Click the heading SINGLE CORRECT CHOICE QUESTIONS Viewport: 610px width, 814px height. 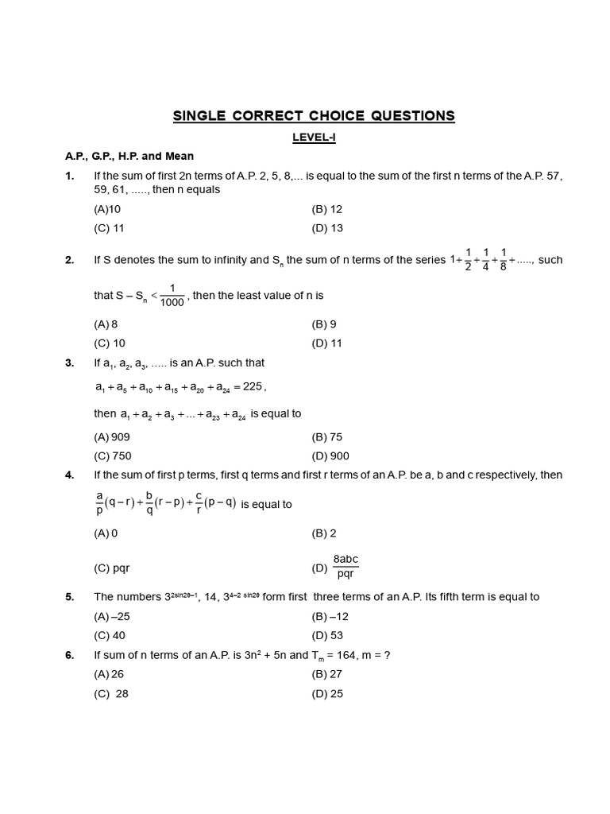(x=314, y=116)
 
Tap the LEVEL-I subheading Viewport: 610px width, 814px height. (x=314, y=138)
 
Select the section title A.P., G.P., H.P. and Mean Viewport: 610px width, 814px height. (x=129, y=156)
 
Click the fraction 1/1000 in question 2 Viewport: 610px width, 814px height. (x=172, y=295)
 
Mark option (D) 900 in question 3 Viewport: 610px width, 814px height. (x=330, y=456)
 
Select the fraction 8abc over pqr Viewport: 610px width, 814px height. (x=346, y=567)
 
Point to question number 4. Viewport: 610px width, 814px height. (x=70, y=475)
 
